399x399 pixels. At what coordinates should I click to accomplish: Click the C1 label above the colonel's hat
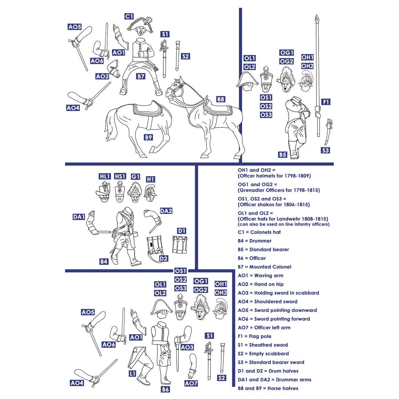129,16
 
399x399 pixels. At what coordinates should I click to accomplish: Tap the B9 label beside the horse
148,137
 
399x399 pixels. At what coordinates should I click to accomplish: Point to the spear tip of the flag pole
317,18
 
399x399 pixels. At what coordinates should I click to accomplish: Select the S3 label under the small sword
325,150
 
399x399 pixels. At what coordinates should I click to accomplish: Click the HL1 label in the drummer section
104,176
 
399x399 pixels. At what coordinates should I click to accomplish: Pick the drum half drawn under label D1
179,244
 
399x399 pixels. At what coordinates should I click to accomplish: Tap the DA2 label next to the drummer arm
166,211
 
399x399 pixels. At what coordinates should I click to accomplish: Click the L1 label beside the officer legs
133,374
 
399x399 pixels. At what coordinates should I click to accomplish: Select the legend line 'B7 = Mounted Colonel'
264,267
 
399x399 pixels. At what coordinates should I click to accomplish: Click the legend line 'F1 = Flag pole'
254,336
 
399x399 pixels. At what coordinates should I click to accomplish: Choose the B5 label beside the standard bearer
282,155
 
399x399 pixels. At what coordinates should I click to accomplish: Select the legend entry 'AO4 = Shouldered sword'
267,301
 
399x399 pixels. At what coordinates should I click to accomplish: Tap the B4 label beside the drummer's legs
104,262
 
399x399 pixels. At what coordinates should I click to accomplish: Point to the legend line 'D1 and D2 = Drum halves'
268,371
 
